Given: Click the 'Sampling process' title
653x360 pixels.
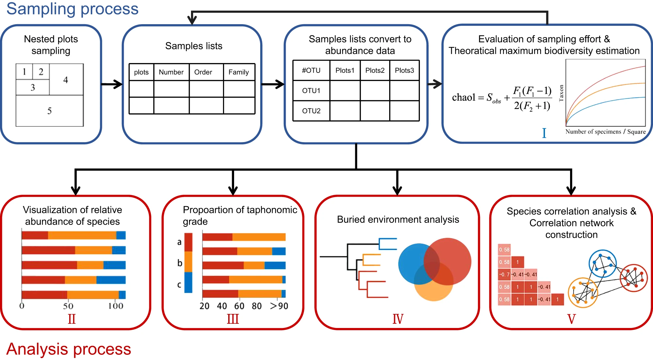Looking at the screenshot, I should pyautogui.click(x=72, y=9).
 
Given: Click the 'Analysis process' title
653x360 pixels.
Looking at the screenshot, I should pyautogui.click(x=69, y=349).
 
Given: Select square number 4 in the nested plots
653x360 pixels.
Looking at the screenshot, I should pyautogui.click(x=66, y=80).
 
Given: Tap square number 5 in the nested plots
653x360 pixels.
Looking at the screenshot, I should pyautogui.click(x=49, y=111).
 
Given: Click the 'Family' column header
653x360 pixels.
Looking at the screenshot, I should pyautogui.click(x=239, y=72).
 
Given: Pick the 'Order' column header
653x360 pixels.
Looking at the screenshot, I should pyautogui.click(x=203, y=72).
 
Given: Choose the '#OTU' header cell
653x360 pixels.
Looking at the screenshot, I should pyautogui.click(x=311, y=71).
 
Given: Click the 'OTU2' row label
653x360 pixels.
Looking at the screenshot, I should pyautogui.click(x=311, y=111).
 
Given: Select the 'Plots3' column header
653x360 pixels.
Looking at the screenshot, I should pyautogui.click(x=404, y=71).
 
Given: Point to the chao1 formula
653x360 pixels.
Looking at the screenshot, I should pyautogui.click(x=502, y=98).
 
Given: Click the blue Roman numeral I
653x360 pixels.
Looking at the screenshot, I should pyautogui.click(x=544, y=133).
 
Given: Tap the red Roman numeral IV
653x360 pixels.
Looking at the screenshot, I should pyautogui.click(x=398, y=319).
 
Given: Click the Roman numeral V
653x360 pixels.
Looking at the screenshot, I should pyautogui.click(x=571, y=319).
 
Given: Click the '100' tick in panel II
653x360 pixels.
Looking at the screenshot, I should pyautogui.click(x=116, y=306).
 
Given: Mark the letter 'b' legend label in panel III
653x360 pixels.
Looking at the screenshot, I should pyautogui.click(x=180, y=263).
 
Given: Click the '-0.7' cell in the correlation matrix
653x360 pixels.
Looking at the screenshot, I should pyautogui.click(x=504, y=274).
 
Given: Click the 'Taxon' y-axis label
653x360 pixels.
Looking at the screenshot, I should pyautogui.click(x=561, y=93).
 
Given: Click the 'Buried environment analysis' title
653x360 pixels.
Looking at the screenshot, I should pyautogui.click(x=398, y=220).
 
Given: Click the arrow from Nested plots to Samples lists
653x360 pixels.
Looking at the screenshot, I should pyautogui.click(x=112, y=84).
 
